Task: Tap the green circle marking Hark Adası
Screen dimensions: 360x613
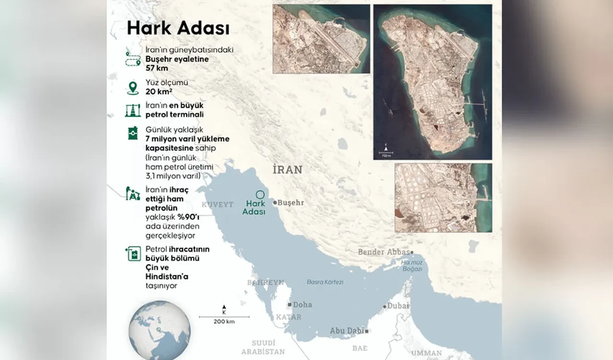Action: click(260, 195)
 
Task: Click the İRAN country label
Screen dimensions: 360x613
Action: click(287, 170)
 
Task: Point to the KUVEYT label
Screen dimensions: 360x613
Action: click(217, 204)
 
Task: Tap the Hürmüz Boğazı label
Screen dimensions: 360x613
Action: click(411, 266)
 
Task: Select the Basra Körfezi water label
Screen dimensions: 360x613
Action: click(325, 282)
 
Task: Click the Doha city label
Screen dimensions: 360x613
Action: click(302, 304)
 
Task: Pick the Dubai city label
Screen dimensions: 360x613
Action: click(398, 306)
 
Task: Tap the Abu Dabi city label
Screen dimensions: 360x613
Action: click(347, 331)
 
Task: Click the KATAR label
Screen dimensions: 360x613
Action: click(288, 317)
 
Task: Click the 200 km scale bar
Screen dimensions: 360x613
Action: click(224, 316)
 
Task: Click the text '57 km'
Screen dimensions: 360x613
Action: click(158, 67)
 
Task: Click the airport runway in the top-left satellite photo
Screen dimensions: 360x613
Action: click(330, 41)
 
